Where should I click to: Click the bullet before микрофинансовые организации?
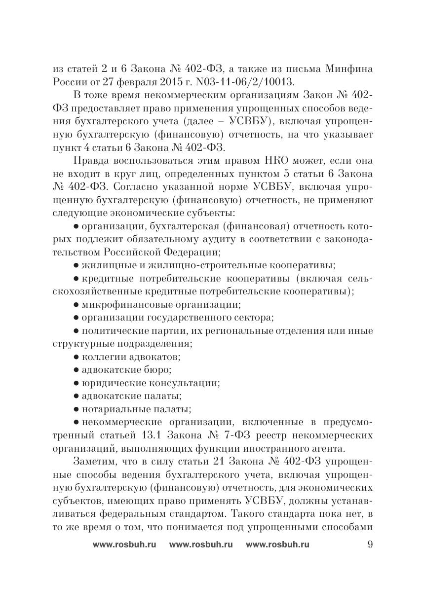(x=77, y=304)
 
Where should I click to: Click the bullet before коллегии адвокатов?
(x=77, y=356)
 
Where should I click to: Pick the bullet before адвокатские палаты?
(x=77, y=396)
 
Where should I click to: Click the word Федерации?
(x=190, y=252)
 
